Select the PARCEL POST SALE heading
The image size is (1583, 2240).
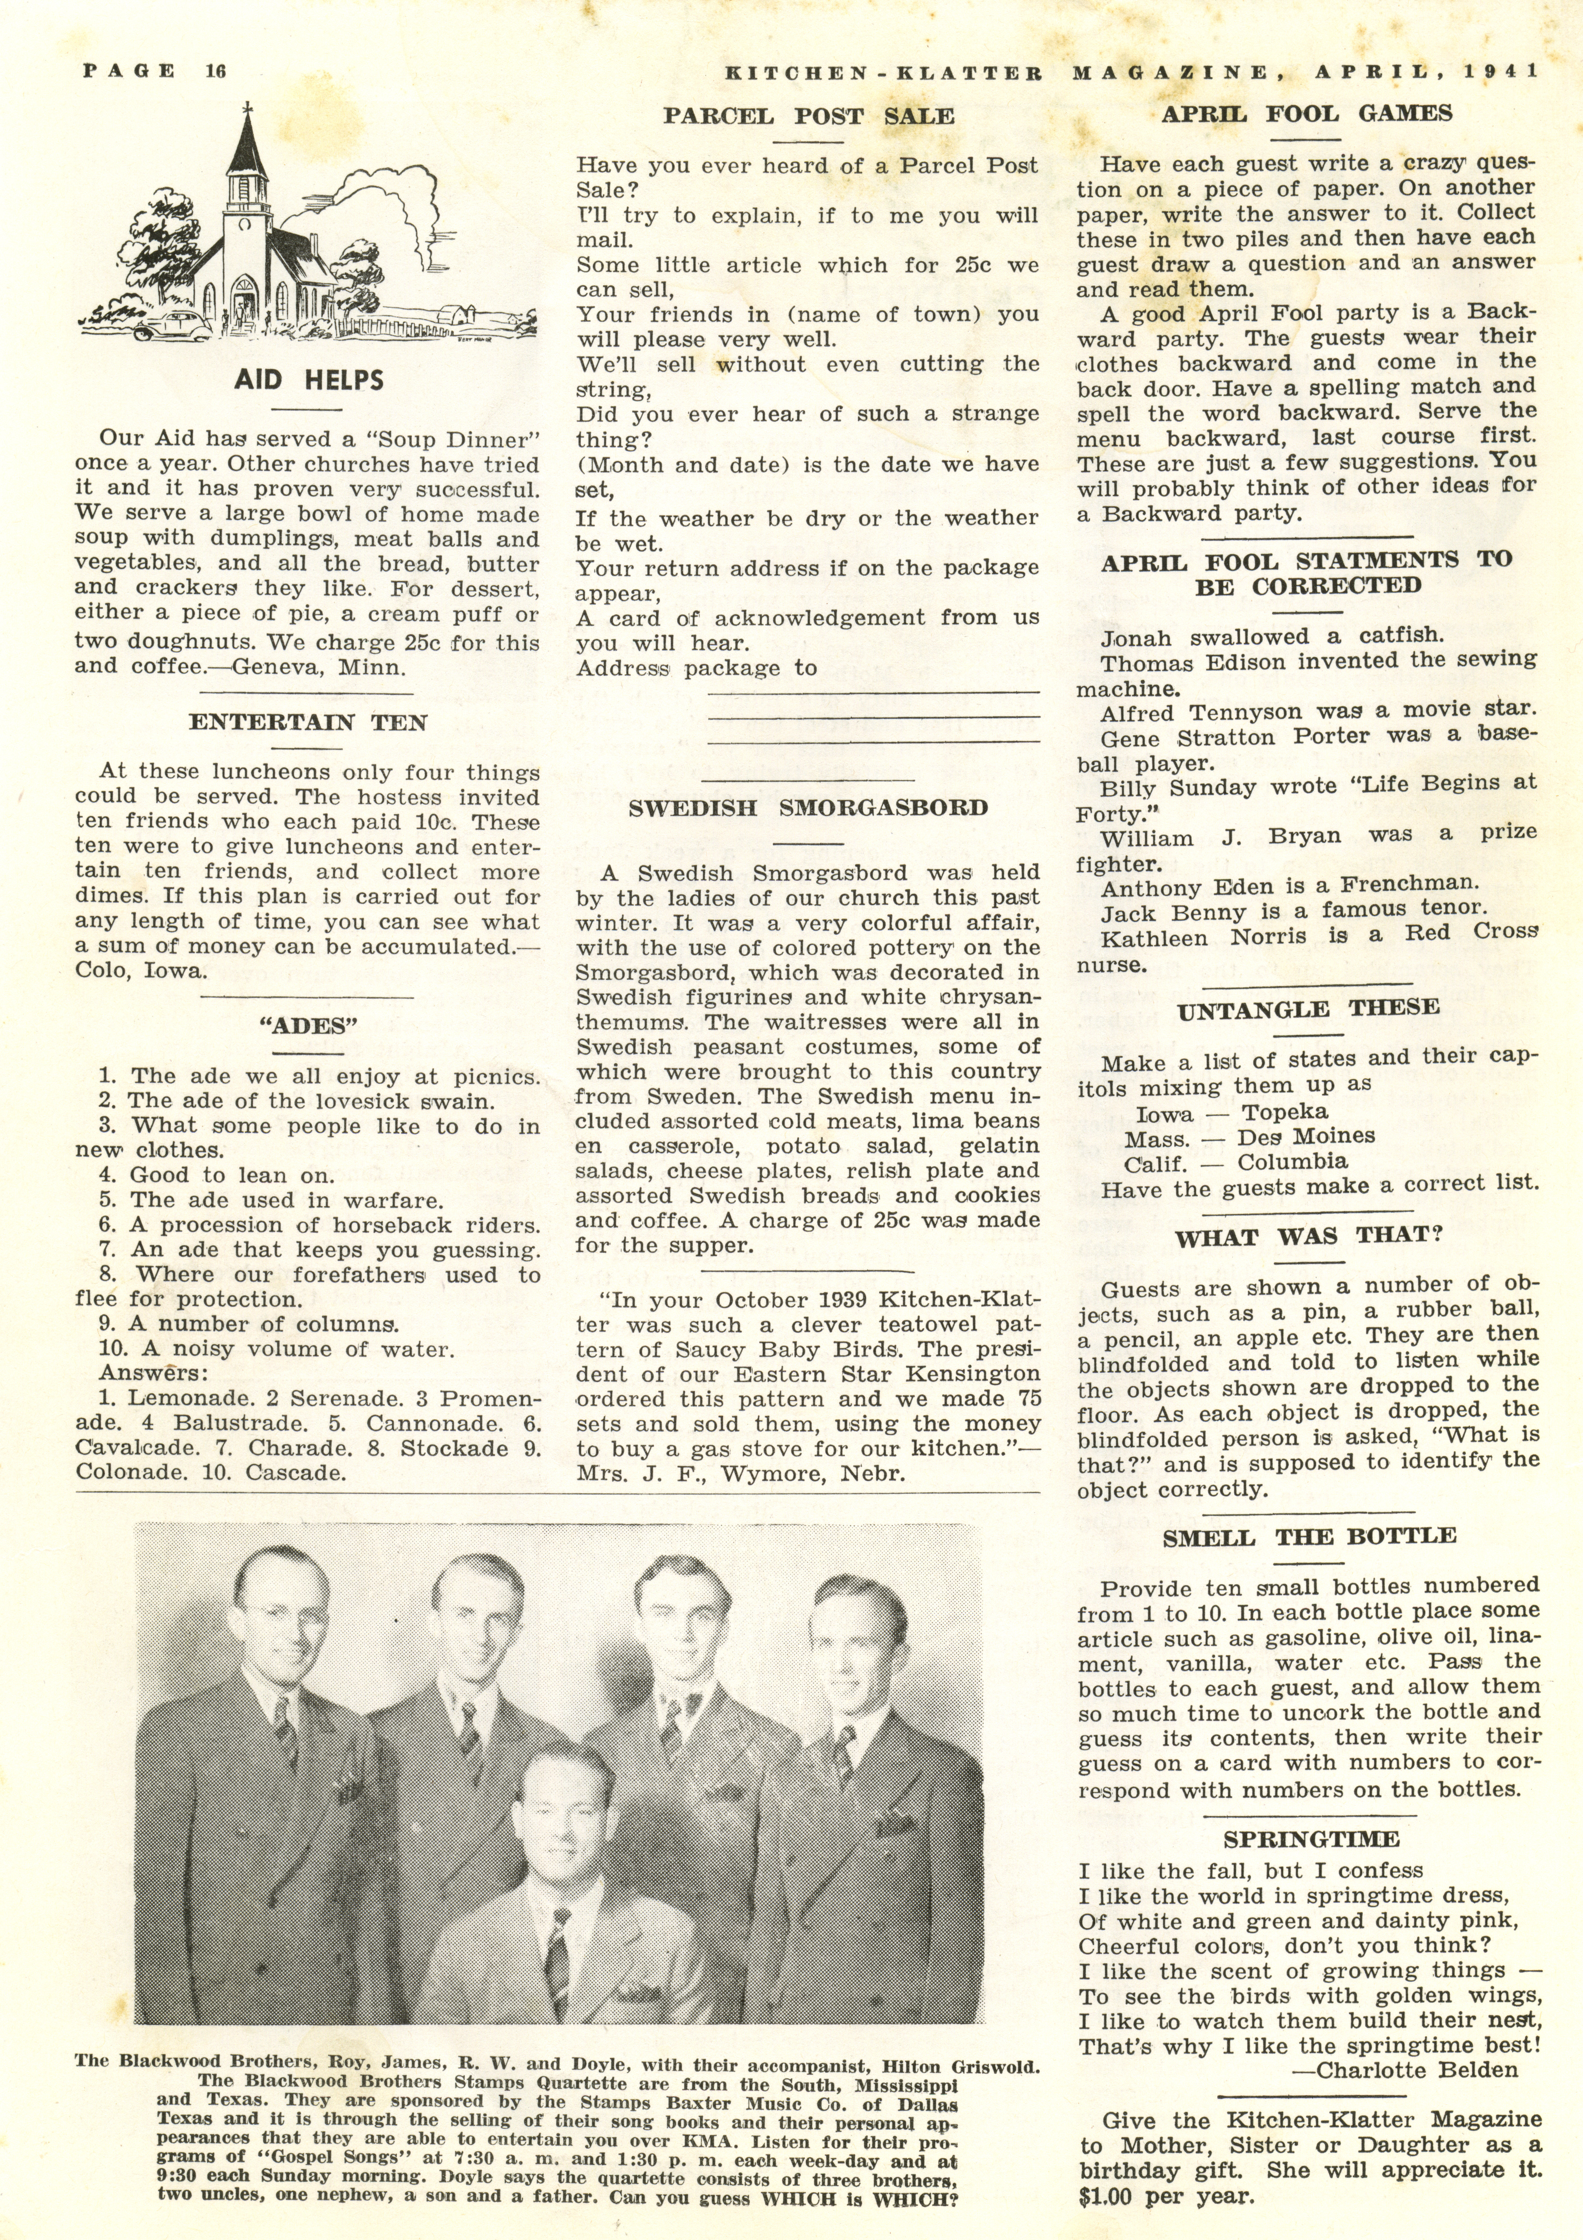808,116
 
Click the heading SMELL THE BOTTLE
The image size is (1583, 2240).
1309,1536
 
